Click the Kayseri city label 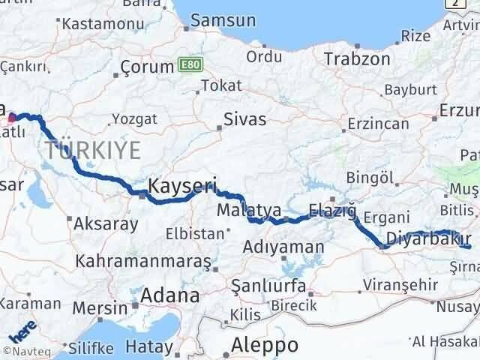(x=182, y=185)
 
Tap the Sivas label (x=245, y=118)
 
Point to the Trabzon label (x=357, y=59)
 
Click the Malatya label (x=248, y=210)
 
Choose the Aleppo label (x=265, y=345)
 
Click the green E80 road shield (x=190, y=66)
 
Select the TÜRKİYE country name (x=92, y=151)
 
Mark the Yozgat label (x=135, y=118)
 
